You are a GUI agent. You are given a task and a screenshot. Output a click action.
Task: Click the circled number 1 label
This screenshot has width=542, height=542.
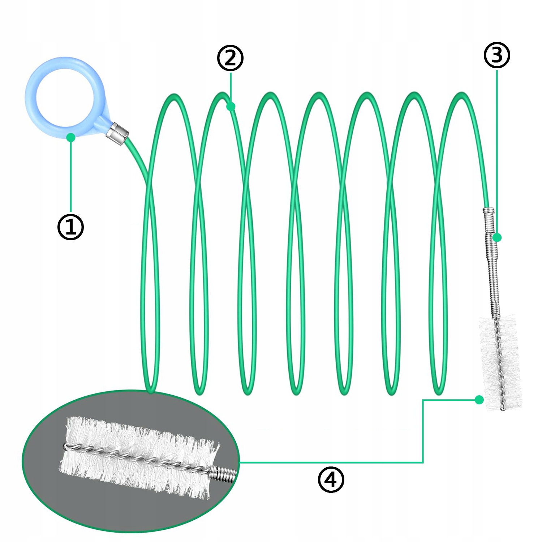point(71,227)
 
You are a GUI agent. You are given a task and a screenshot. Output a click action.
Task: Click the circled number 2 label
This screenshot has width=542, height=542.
point(230,58)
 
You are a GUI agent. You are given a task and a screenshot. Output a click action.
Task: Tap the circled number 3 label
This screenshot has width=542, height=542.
point(497,55)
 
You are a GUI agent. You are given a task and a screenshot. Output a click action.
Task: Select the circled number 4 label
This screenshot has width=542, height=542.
point(331,479)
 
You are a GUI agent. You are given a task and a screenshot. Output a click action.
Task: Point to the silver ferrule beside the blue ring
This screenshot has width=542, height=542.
point(118,133)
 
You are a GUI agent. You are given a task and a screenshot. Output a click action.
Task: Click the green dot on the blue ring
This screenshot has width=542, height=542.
point(71,137)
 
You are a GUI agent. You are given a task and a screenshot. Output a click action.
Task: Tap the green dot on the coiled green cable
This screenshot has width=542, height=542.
point(231,106)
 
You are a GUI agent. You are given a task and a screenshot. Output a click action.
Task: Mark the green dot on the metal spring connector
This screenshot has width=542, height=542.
point(497,237)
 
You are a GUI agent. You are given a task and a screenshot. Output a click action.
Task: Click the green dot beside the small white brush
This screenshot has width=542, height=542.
point(479,400)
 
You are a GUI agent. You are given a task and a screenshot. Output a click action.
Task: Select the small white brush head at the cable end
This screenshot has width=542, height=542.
point(500,361)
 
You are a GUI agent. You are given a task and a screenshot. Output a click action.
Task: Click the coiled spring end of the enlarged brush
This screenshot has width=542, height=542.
point(224,474)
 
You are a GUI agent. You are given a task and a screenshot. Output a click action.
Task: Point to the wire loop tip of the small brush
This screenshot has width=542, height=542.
point(502,408)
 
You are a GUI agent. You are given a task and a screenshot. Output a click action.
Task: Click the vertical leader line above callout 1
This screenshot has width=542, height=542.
point(71,177)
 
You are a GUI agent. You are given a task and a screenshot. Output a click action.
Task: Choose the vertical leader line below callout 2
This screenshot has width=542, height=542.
point(231,87)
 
